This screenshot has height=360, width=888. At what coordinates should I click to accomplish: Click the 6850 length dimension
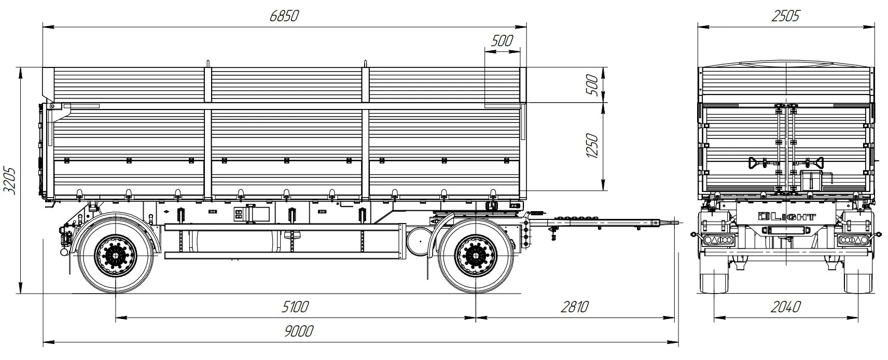coord(284,16)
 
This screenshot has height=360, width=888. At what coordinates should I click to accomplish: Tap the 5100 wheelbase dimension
coord(295,307)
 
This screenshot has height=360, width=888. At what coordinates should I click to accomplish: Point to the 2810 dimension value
coord(575,307)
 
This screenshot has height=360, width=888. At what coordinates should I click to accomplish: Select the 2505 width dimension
coord(785,16)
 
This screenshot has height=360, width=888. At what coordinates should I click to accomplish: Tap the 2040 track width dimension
coord(785,307)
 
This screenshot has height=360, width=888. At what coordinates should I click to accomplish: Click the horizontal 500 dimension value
coord(501,40)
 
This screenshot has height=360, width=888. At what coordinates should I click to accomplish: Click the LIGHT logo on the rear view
coord(786,217)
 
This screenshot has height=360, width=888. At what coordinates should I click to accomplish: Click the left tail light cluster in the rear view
coord(717,240)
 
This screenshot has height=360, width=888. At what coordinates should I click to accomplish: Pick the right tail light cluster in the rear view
coord(853,240)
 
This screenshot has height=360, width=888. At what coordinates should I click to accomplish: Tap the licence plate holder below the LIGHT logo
coord(786,230)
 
